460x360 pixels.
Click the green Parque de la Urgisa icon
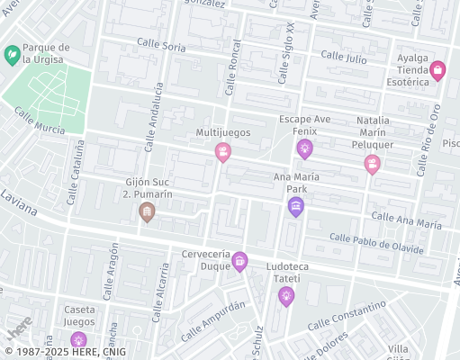[13, 55]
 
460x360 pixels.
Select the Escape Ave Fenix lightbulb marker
[305, 148]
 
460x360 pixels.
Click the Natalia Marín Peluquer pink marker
[371, 163]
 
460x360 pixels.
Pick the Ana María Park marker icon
[295, 207]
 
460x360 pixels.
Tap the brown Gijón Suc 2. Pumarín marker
[147, 211]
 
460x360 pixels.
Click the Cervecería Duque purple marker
[239, 261]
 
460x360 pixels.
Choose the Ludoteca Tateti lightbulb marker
[286, 295]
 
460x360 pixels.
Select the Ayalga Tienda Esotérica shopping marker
[437, 70]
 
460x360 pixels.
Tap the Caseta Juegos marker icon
[79, 339]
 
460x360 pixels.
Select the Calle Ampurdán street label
[212, 320]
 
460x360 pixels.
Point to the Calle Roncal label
[232, 70]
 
